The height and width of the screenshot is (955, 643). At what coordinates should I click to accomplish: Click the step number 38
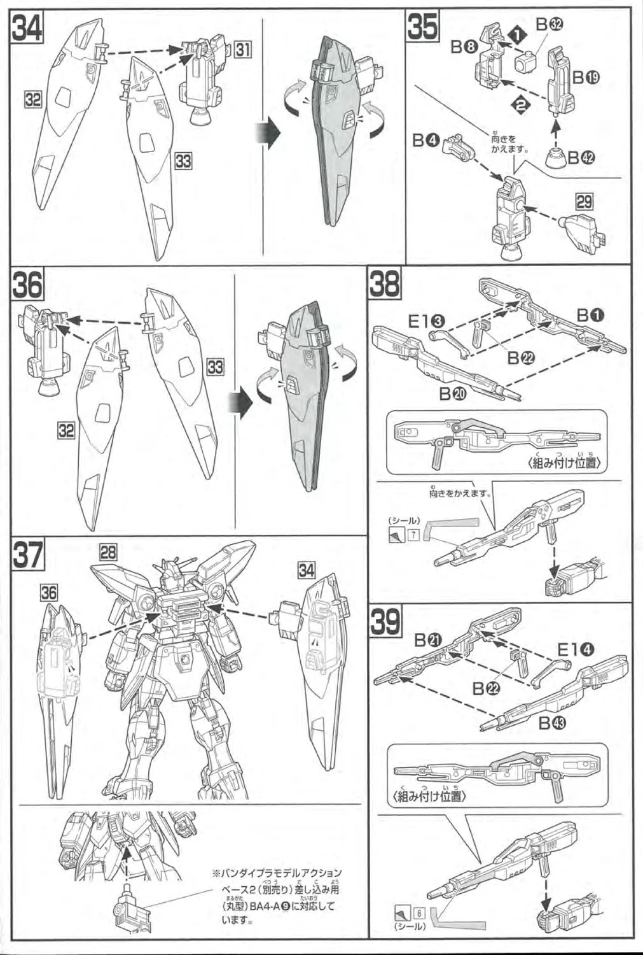(385, 286)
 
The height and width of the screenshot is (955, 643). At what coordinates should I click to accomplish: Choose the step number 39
(385, 622)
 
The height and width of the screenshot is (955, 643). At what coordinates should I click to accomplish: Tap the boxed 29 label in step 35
(584, 202)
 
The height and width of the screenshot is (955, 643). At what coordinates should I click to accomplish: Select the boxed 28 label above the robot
(108, 552)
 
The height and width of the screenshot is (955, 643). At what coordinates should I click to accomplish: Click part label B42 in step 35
(581, 157)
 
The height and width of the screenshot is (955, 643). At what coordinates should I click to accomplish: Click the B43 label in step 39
(553, 723)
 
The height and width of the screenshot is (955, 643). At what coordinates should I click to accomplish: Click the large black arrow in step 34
(269, 134)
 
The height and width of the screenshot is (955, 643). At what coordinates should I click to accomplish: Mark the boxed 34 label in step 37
(307, 570)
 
